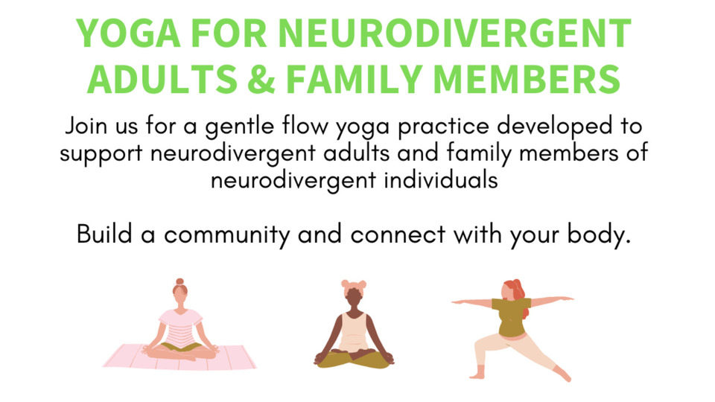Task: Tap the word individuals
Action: pos(441,180)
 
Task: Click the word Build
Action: pos(104,234)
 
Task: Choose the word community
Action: pos(226,236)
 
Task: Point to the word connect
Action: pos(398,235)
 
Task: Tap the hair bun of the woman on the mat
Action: pos(180,281)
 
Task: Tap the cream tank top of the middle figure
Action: pos(354,331)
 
